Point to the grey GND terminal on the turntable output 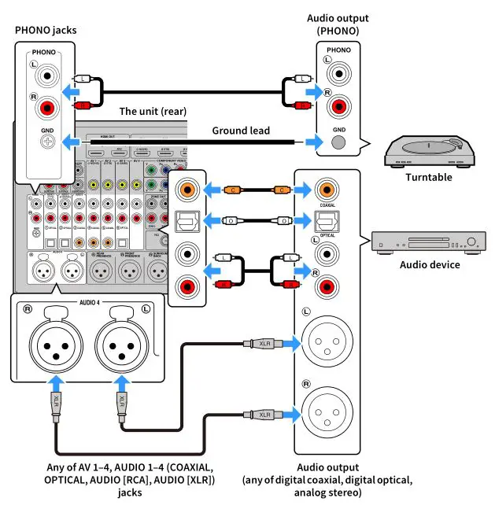(338, 142)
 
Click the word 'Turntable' (428, 177)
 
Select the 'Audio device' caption (428, 264)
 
